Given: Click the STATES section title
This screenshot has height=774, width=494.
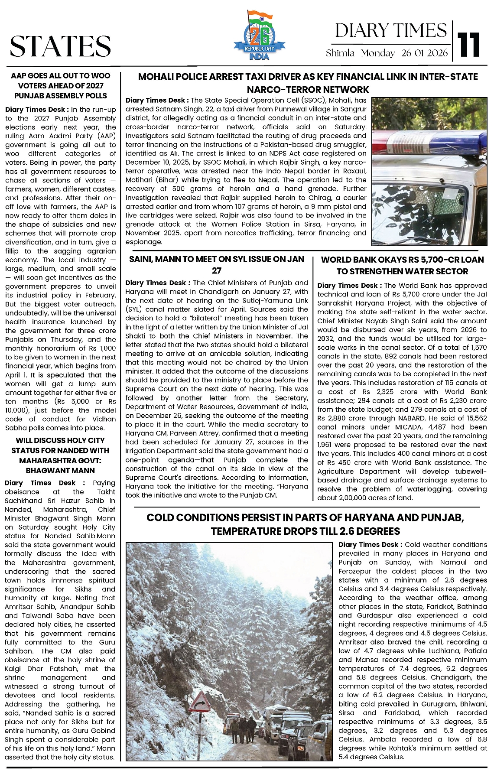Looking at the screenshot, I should tap(60, 46).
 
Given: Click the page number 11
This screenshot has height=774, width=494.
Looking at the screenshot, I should tap(470, 44).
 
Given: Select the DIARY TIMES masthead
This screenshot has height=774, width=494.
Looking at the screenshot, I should tap(390, 30).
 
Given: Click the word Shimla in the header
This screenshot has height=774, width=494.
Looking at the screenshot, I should tap(340, 53).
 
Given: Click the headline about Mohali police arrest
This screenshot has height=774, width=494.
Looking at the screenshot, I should tap(308, 83).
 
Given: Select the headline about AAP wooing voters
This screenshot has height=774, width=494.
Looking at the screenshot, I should tap(61, 86).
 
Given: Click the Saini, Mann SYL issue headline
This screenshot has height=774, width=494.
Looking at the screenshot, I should tap(217, 264).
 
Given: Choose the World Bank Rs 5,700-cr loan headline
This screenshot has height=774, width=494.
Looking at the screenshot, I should tap(402, 265).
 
